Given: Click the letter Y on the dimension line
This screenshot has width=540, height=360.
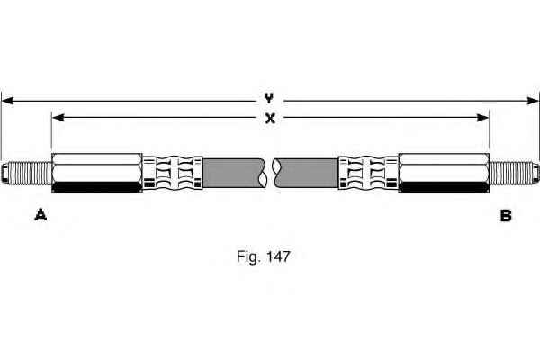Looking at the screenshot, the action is tap(269, 98).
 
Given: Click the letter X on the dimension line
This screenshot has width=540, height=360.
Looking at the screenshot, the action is tap(270, 119).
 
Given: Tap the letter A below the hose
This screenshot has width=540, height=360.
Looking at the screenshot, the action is tap(40, 215).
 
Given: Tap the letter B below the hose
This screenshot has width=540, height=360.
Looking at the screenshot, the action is tap(506, 216).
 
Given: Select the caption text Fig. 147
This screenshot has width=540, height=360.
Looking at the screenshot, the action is tap(264, 256).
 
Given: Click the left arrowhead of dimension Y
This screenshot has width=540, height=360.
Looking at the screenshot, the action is tap(7, 101).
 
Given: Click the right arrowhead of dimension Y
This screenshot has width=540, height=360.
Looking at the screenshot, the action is tap(533, 101).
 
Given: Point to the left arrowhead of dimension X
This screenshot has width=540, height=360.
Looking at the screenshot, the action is tap(58, 118).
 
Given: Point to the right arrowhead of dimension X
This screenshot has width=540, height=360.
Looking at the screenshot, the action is tap(482, 118).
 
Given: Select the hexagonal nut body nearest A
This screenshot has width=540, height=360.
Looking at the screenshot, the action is tap(97, 173).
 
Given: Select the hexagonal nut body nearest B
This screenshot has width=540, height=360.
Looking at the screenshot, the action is tap(444, 173).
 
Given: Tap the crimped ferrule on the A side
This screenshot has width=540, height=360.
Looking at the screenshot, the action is tap(173, 173).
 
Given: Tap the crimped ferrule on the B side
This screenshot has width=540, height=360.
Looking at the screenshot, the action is tap(368, 173).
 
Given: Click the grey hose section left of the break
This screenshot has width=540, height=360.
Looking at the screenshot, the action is tap(234, 173).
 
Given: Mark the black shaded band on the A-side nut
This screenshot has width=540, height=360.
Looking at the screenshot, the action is tap(97, 187).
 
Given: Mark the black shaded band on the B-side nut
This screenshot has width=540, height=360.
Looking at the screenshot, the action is tap(444, 187).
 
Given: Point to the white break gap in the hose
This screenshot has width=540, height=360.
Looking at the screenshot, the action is tap(269, 173).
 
